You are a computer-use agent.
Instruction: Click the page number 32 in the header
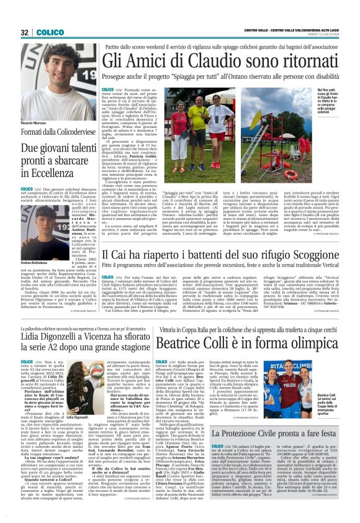(24, 32)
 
